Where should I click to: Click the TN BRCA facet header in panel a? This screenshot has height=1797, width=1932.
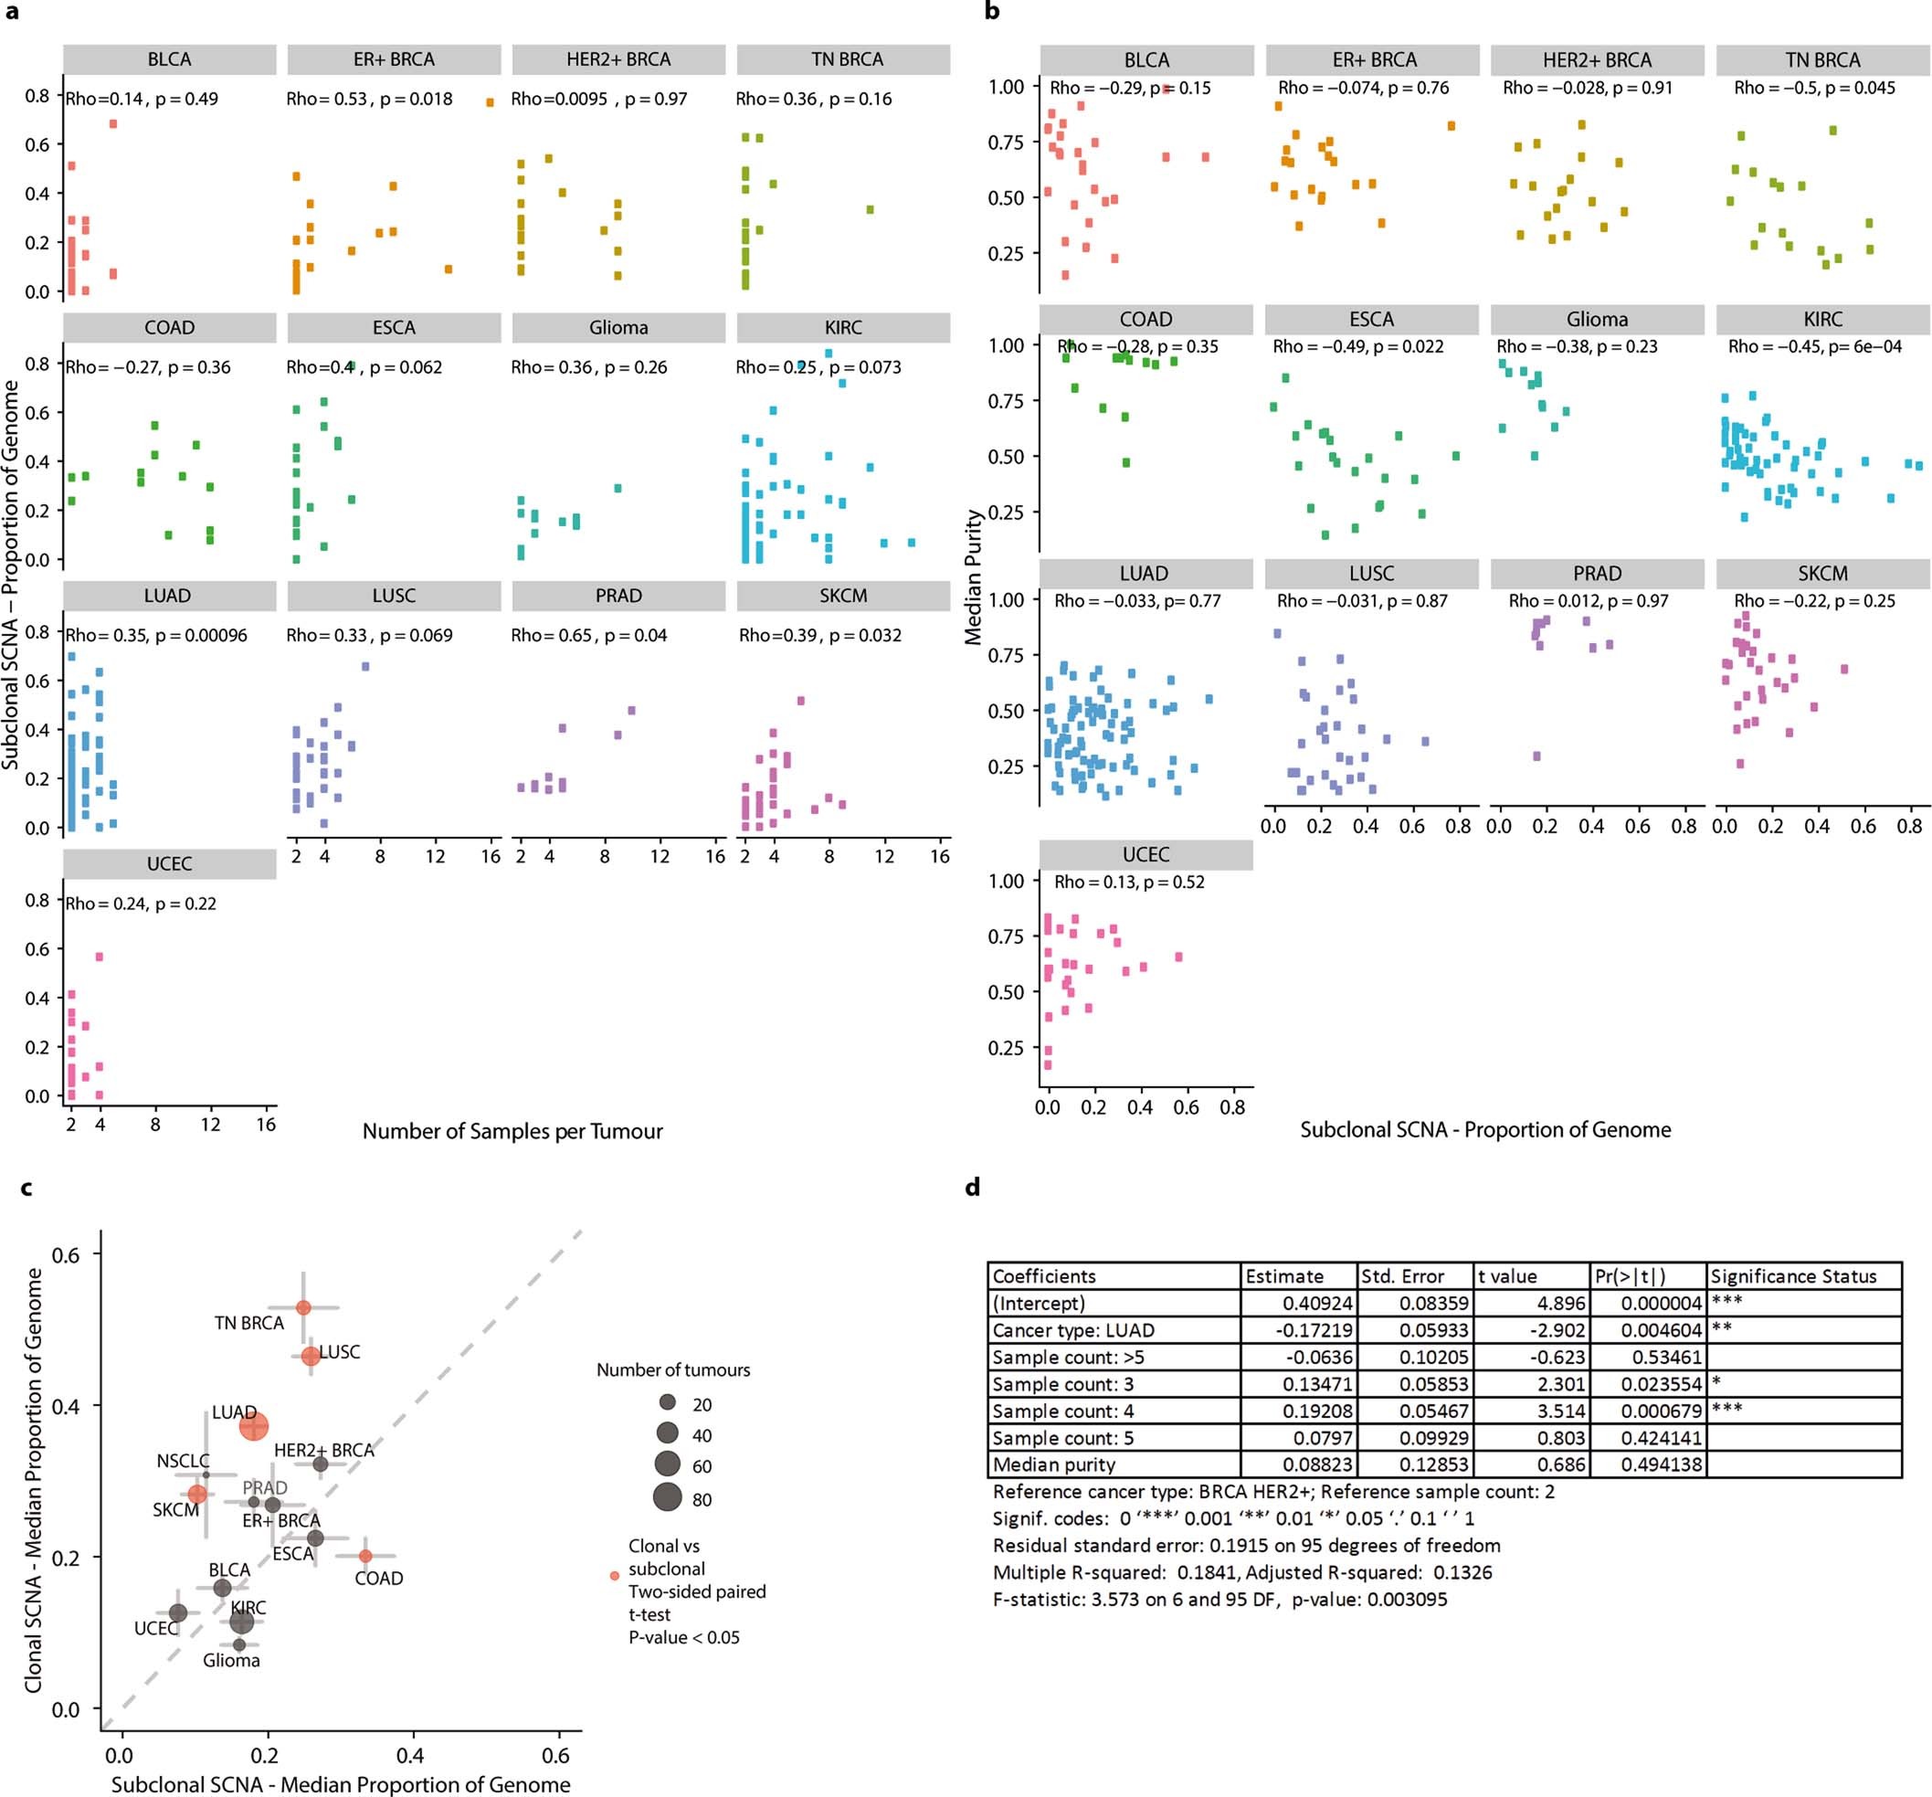(843, 59)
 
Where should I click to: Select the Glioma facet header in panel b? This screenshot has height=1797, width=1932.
(1597, 320)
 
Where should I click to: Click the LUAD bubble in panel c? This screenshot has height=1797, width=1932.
(254, 1428)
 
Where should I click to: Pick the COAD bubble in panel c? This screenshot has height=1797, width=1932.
(365, 1556)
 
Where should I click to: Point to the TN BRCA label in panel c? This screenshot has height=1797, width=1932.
(248, 1323)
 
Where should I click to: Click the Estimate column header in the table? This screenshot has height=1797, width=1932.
(1284, 1276)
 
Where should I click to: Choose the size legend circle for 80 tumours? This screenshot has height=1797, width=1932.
(667, 1498)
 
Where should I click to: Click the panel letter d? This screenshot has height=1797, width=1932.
(973, 1187)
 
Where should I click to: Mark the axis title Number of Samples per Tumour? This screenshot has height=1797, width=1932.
(512, 1131)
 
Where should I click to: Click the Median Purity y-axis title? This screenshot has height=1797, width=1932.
(973, 578)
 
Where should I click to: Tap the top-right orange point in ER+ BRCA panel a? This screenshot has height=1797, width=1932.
(490, 102)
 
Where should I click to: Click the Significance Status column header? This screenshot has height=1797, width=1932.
(1793, 1276)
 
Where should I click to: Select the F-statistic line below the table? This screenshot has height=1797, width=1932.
(1219, 1599)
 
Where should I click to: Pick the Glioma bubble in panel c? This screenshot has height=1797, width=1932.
(239, 1644)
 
